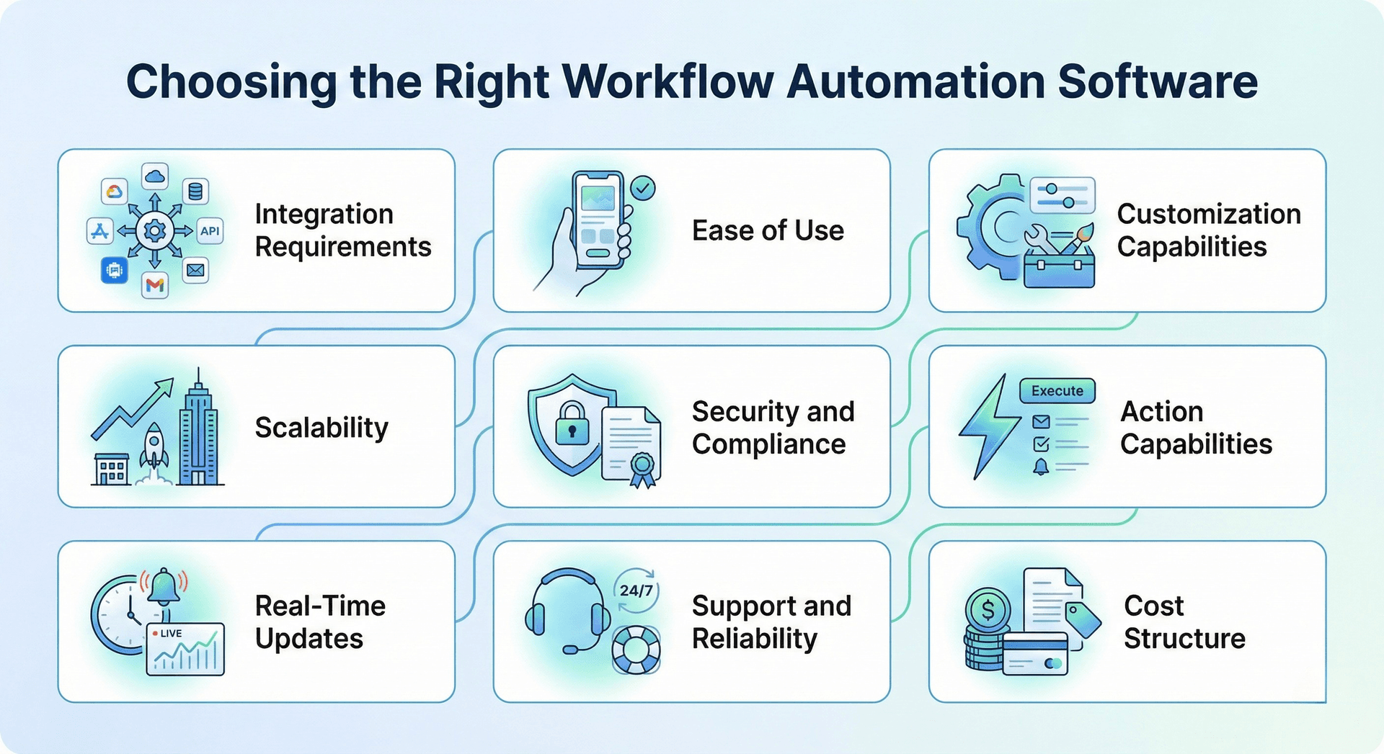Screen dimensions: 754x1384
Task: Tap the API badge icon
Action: click(210, 230)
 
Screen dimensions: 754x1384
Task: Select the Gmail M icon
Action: click(155, 286)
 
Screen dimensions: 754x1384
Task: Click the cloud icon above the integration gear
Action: click(155, 176)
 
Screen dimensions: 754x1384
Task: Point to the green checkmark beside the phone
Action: click(642, 189)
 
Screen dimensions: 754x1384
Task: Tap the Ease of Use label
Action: click(768, 230)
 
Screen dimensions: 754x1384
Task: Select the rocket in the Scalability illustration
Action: click(154, 446)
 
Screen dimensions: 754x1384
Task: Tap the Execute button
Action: click(1057, 391)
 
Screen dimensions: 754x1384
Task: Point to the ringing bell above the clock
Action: click(164, 586)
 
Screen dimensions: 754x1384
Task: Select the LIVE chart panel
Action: click(185, 649)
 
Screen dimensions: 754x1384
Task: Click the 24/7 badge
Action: click(636, 591)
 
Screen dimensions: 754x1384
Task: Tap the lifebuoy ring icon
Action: click(636, 649)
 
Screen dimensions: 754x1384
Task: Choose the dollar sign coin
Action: click(988, 610)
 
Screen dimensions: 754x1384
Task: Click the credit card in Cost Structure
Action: click(1035, 653)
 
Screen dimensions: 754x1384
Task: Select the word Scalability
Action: click(321, 428)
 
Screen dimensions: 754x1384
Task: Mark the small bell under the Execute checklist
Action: click(1040, 467)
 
